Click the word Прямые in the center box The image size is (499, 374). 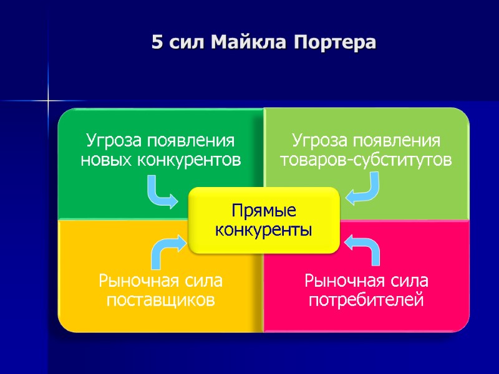(x=264, y=210)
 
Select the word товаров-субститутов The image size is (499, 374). (x=366, y=160)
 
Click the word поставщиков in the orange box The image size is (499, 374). (x=161, y=300)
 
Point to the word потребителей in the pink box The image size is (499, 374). (x=367, y=300)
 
